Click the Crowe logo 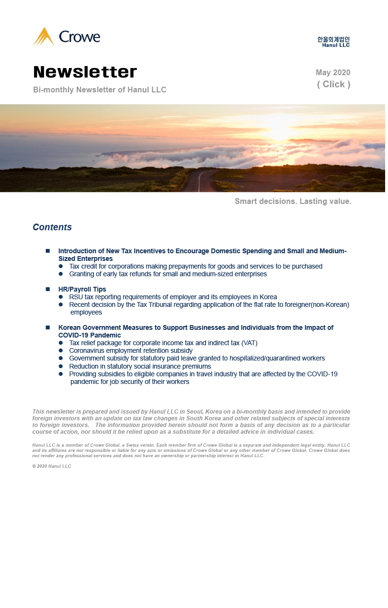tap(67, 37)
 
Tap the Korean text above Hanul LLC tap(333, 39)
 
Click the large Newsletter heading tap(85, 72)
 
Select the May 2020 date tap(333, 73)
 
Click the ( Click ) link tap(333, 84)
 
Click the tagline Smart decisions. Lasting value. tap(293, 202)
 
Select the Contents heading tap(52, 227)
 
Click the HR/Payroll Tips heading tap(82, 289)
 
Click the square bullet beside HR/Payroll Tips tap(48, 289)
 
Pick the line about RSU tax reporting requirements tap(173, 297)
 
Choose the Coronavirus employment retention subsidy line tap(131, 350)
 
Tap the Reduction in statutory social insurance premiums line tap(140, 366)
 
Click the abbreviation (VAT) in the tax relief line tap(249, 343)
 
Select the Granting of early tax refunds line tap(168, 274)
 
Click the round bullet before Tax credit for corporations tap(61, 266)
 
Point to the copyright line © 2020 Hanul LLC tap(52, 466)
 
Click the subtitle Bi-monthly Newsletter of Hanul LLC tap(100, 90)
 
